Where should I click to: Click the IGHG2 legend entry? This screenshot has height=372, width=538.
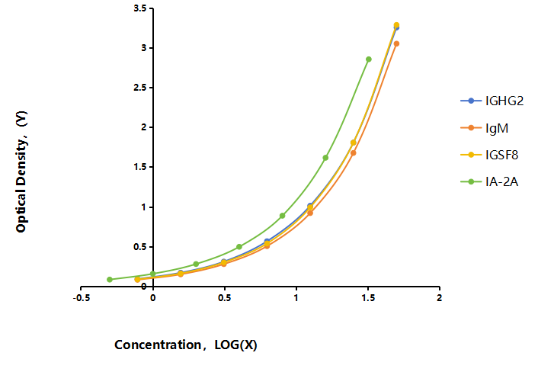[x=492, y=101]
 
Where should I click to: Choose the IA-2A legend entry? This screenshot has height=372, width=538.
[x=489, y=181]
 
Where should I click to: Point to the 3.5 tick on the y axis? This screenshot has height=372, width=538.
[x=140, y=8]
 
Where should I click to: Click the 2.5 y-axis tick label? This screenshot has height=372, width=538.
[x=140, y=88]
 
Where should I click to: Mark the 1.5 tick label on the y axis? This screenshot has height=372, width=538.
[x=140, y=167]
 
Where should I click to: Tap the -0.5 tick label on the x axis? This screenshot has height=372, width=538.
[x=82, y=298]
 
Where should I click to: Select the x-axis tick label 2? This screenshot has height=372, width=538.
[x=439, y=298]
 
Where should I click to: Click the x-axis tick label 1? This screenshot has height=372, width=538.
[x=296, y=298]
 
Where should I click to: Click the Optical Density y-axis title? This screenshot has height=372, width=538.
[x=21, y=172]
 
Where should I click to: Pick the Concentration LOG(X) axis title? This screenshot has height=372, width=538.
[x=186, y=345]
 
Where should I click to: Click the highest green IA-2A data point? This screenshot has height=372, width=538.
[x=369, y=59]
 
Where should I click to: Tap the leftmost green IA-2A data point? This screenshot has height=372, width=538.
[x=110, y=279]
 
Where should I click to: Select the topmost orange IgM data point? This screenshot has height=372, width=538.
[x=396, y=43]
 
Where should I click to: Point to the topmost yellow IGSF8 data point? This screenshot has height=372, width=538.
[x=396, y=25]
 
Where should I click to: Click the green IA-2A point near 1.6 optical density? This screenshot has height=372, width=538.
[x=325, y=158]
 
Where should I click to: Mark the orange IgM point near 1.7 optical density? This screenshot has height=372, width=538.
[x=353, y=153]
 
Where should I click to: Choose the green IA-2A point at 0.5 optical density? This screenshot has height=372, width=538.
[x=239, y=247]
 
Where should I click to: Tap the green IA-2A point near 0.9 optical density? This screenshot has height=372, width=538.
[x=282, y=216]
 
